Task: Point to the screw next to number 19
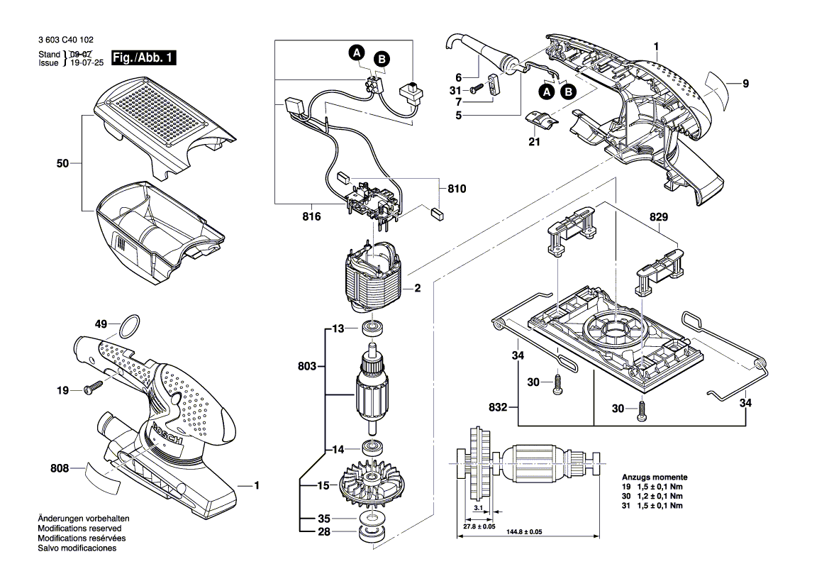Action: click(92, 388)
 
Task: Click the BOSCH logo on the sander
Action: click(167, 436)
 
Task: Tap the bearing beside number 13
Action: click(372, 328)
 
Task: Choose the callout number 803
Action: click(307, 367)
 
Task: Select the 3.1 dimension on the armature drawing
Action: click(480, 509)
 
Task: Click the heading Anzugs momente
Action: click(654, 477)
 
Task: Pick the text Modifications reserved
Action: click(79, 529)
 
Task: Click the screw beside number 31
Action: click(477, 89)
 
